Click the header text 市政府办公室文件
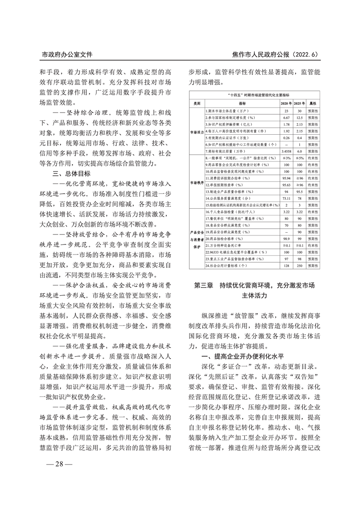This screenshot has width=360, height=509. tap(67, 54)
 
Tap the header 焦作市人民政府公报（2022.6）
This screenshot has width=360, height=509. tap(275, 54)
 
